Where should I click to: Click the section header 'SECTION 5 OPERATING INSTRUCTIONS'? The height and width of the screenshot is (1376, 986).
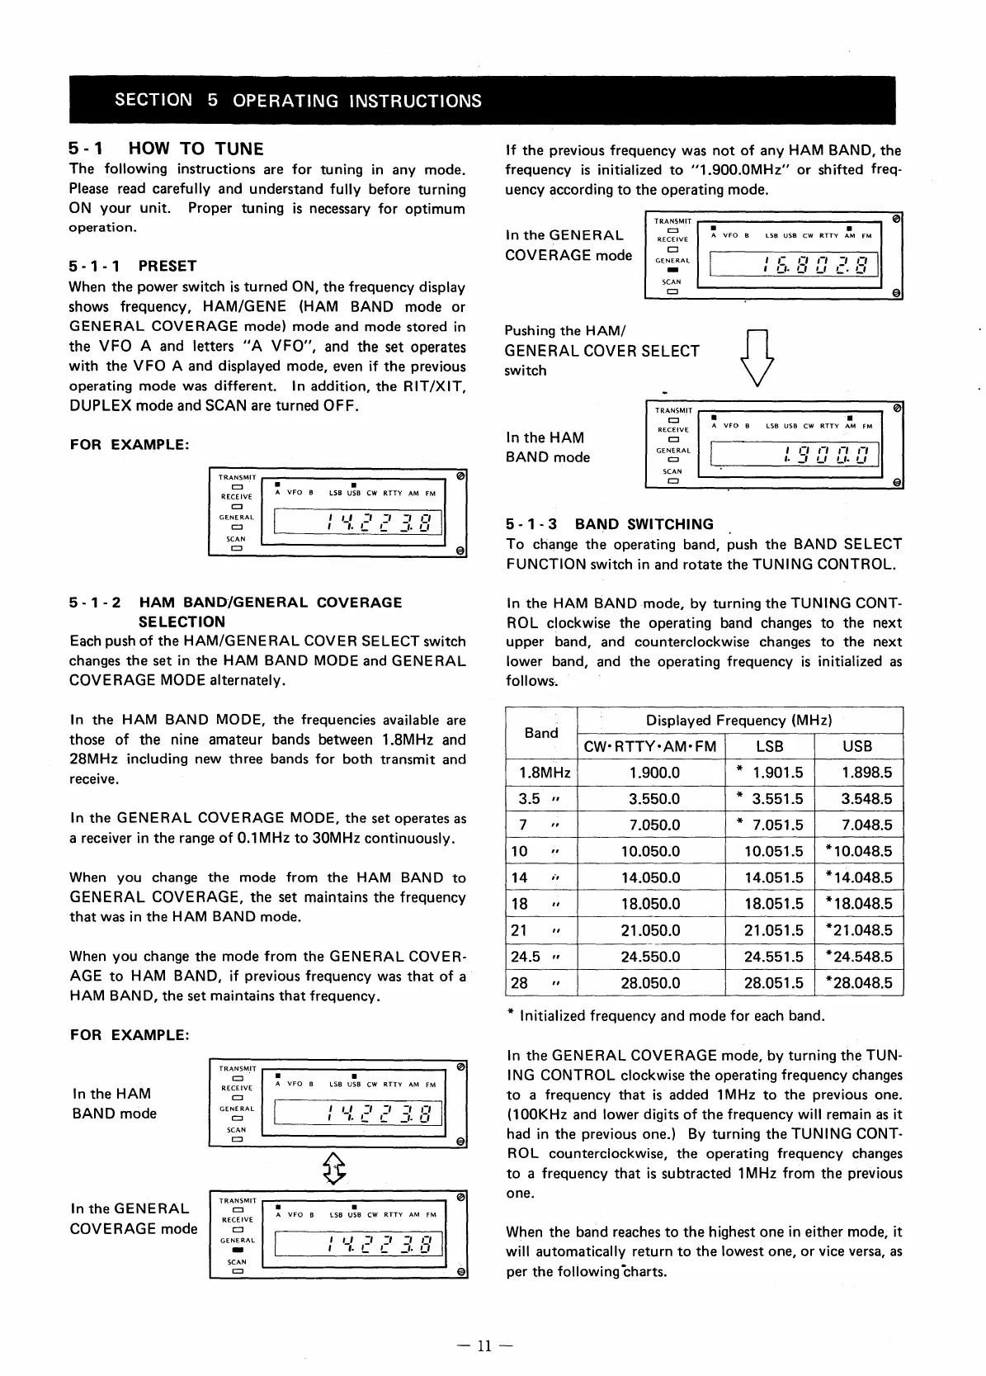tap(298, 101)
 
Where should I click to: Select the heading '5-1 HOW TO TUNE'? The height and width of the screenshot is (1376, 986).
tap(166, 149)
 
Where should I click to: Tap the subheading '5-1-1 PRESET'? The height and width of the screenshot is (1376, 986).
tap(133, 266)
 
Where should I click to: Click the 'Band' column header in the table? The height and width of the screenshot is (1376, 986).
tap(541, 733)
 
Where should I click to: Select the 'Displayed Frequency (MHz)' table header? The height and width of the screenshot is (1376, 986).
tap(738, 721)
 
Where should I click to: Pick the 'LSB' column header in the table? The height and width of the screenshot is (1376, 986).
tap(769, 746)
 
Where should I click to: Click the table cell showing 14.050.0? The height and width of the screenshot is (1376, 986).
tap(650, 877)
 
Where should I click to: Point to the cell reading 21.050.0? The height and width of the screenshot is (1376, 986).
tap(650, 930)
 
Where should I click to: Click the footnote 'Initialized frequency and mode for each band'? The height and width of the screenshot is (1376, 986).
tap(671, 1016)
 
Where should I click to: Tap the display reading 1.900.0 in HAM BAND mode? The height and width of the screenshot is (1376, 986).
tap(788, 455)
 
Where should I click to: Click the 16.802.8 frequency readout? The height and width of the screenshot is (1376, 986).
tap(788, 266)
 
